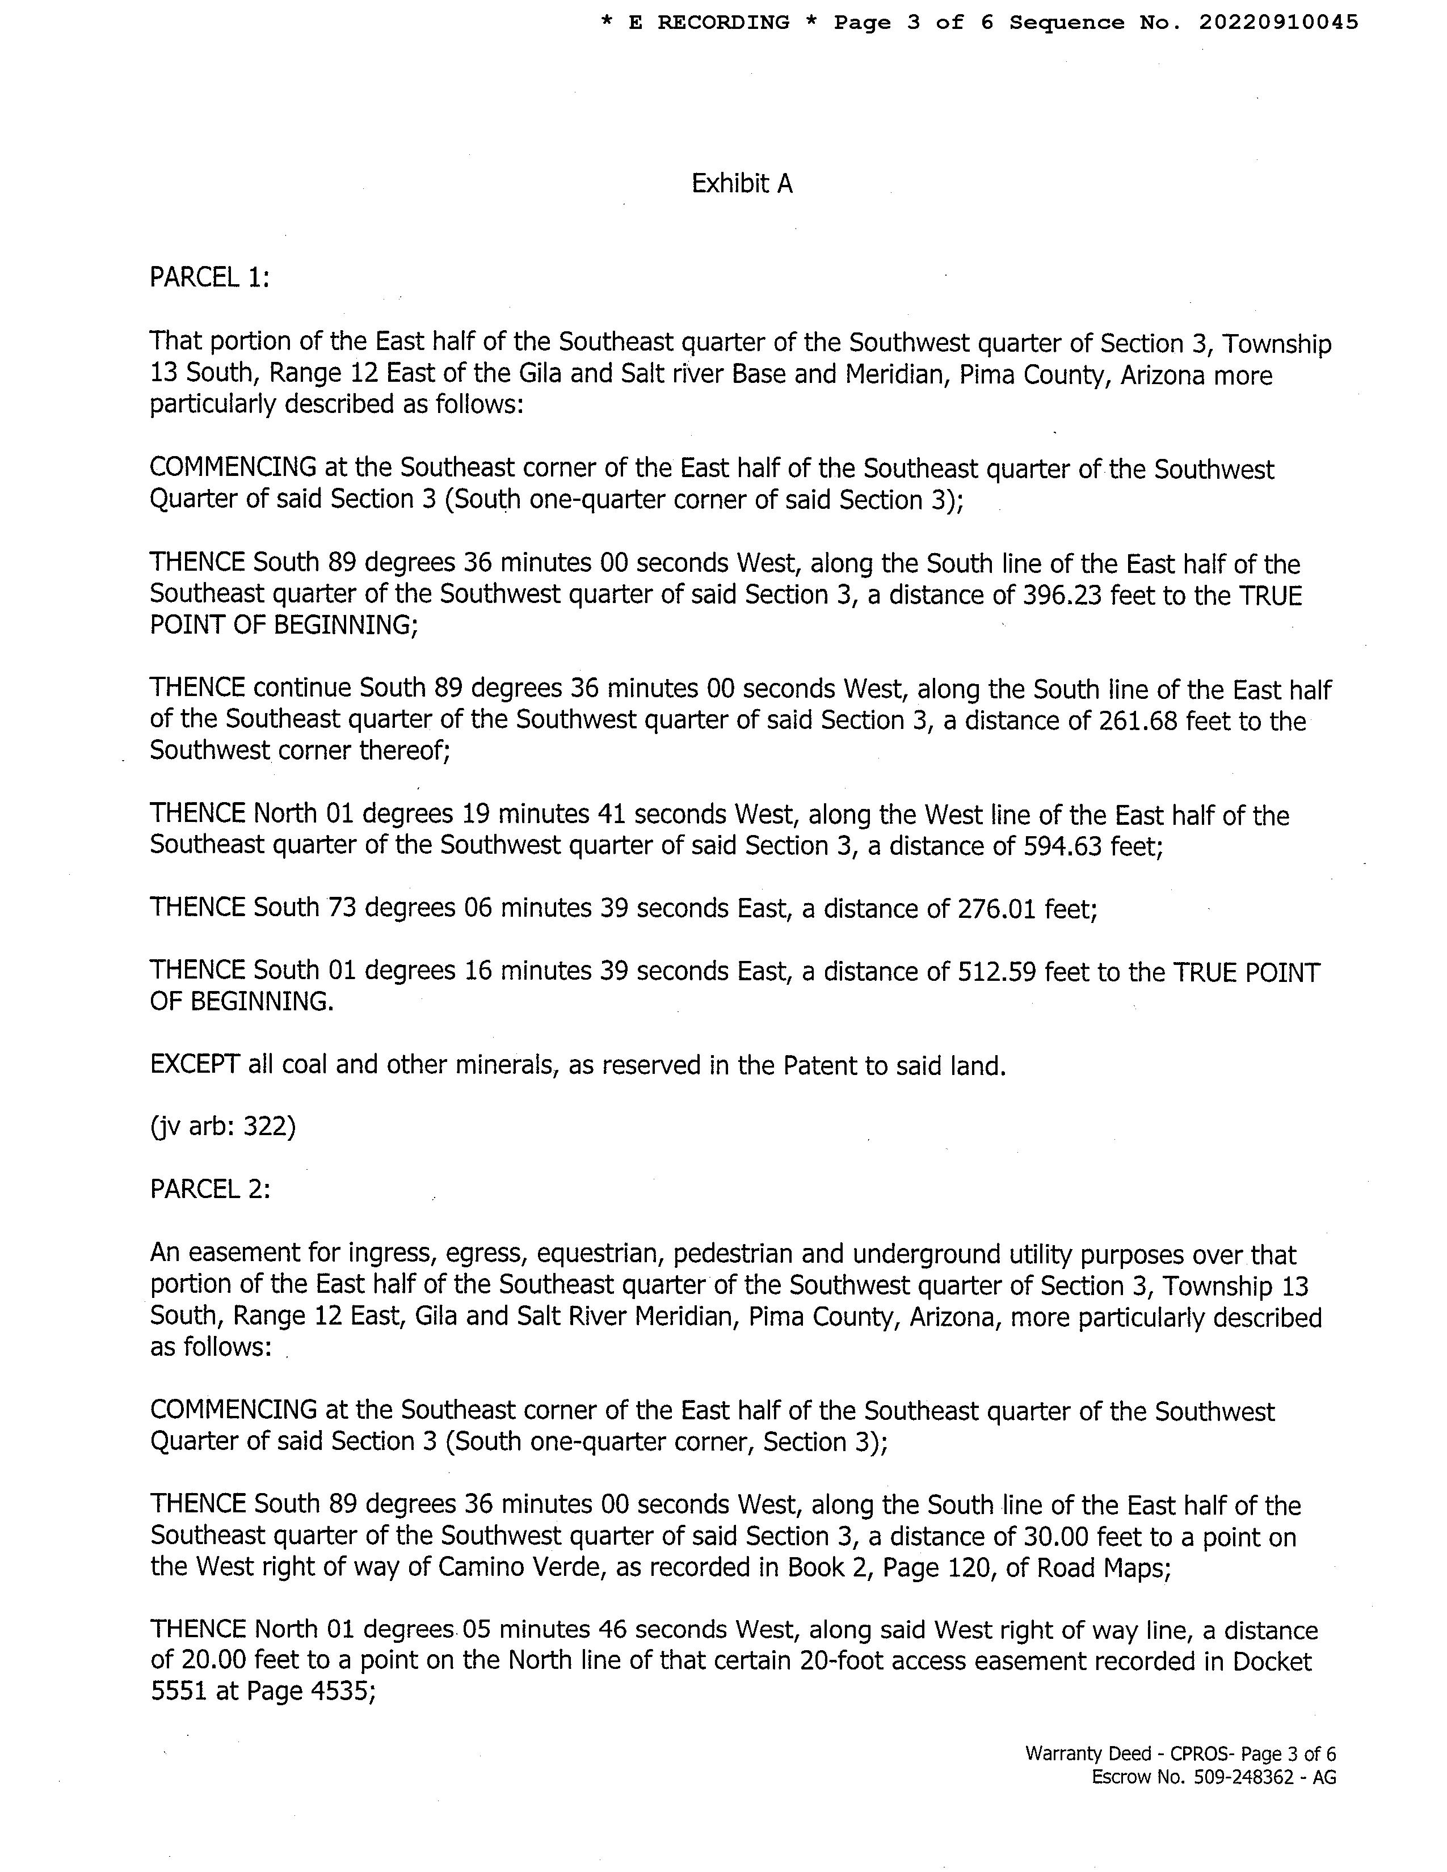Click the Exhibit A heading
pyautogui.click(x=742, y=183)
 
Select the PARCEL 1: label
pyautogui.click(x=209, y=278)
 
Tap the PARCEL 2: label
pyautogui.click(x=210, y=1190)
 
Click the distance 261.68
pyautogui.click(x=1138, y=721)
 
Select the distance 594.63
pyautogui.click(x=1063, y=846)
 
